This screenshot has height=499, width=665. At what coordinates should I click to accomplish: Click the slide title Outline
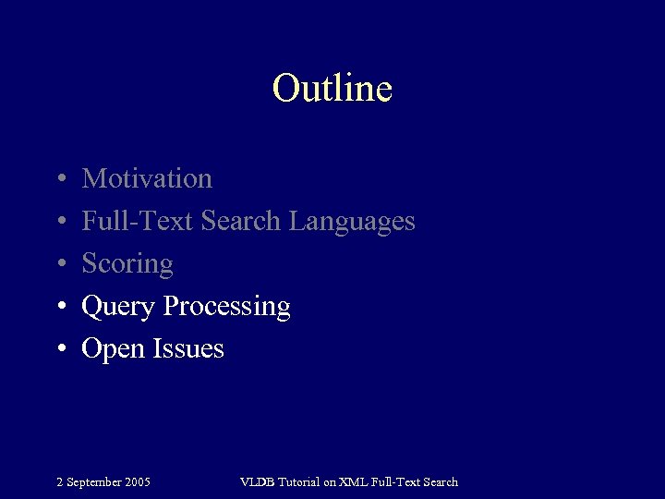(332, 89)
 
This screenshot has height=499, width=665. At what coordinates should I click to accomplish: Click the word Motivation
(147, 178)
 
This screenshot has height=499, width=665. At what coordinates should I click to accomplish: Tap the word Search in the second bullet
(240, 221)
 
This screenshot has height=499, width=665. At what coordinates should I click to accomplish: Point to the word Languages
(352, 222)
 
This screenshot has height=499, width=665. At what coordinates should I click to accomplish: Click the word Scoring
(127, 264)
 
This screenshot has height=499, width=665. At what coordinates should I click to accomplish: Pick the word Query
(119, 307)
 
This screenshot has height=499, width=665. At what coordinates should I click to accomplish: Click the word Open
(112, 349)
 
